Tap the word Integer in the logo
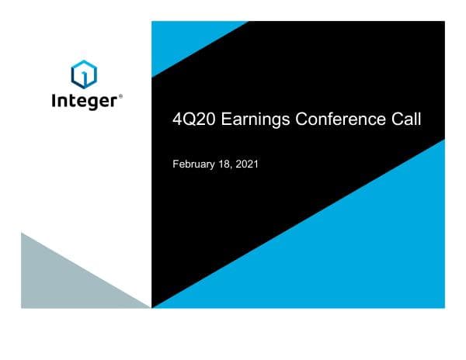[x=83, y=101]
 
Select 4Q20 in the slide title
[x=190, y=119]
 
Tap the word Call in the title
[x=405, y=119]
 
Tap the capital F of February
[x=175, y=165]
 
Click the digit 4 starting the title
[x=176, y=119]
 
